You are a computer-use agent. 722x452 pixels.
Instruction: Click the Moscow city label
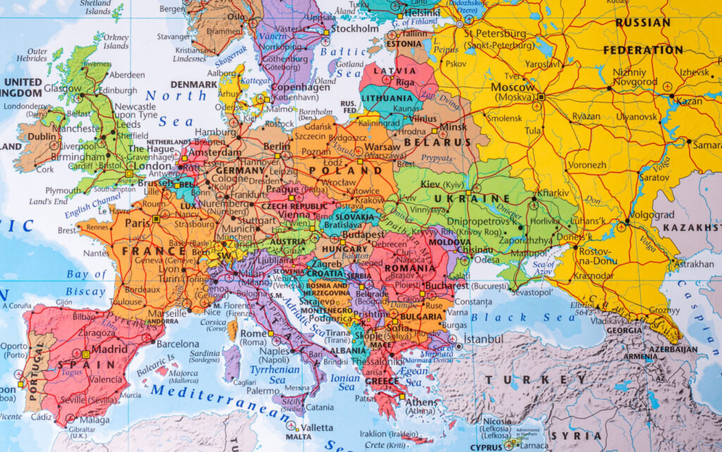click(x=513, y=88)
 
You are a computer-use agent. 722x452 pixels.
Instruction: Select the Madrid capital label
click(x=109, y=349)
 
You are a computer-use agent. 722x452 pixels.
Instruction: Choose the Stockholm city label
click(x=355, y=29)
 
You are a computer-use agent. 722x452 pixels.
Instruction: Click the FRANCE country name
click(x=154, y=251)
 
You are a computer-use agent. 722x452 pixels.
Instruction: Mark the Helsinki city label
click(x=423, y=13)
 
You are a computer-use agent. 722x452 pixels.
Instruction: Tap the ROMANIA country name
click(x=410, y=268)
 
